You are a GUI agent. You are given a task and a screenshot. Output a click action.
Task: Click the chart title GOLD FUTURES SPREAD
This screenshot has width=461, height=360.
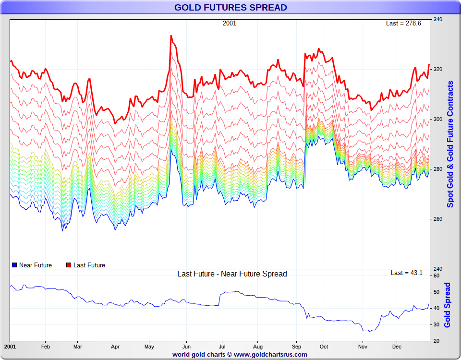[x=230, y=7]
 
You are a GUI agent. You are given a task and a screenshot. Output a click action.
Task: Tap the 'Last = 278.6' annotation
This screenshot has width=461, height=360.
[x=403, y=23]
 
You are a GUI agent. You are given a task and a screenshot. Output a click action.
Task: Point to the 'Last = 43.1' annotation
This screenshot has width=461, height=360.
[x=406, y=273]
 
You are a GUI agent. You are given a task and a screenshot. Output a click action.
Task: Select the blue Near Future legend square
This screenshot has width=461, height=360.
[x=14, y=265]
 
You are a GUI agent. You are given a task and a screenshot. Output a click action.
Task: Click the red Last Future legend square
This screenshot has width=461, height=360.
[x=69, y=265]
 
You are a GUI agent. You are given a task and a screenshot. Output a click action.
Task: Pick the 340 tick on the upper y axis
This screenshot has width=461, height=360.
[x=437, y=19]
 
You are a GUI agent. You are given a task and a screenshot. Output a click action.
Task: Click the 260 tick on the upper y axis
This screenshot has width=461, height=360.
[x=437, y=219]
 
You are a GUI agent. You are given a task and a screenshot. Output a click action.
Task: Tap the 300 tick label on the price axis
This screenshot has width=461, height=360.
[x=437, y=119]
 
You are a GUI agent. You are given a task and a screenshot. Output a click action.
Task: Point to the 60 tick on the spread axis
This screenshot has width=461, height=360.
[x=436, y=276]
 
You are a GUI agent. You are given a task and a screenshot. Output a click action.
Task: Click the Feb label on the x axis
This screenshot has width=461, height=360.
[x=46, y=346]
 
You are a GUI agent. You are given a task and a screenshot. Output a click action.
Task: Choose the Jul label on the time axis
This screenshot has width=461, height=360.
[x=222, y=346]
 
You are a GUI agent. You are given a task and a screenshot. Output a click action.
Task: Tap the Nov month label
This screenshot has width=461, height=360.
[x=363, y=346]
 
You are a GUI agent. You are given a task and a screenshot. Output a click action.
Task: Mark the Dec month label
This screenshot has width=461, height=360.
[x=397, y=346]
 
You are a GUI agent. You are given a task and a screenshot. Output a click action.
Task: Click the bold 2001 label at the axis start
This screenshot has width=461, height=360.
[x=10, y=346]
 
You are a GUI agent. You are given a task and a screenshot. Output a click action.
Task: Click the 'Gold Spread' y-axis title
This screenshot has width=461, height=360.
[x=448, y=305]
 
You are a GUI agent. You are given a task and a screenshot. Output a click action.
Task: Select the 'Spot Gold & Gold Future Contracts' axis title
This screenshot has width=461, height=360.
[x=450, y=144]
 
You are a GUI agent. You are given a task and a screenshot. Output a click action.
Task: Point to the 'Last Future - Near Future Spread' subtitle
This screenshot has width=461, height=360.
[x=232, y=274]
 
